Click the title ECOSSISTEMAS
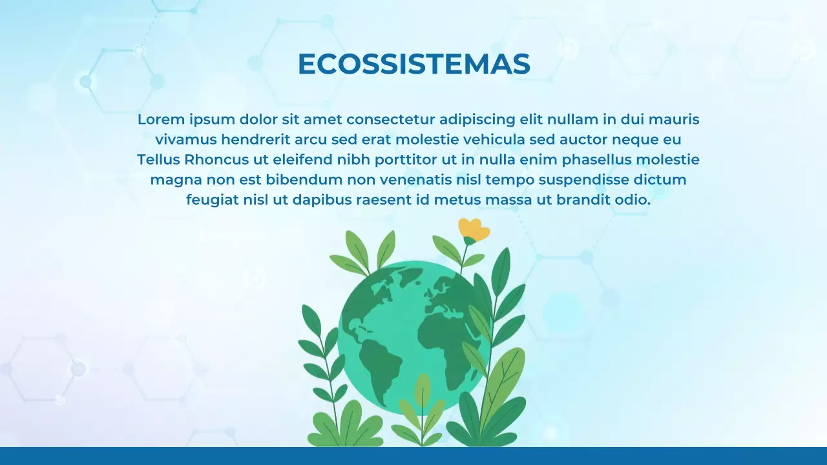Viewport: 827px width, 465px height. click(413, 64)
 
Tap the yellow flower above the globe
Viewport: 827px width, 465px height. click(474, 230)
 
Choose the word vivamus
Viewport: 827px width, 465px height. click(186, 139)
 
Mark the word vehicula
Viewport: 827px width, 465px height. click(494, 139)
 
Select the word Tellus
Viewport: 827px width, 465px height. click(158, 160)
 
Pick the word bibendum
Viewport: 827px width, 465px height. click(304, 180)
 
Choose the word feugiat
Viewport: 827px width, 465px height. click(212, 200)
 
